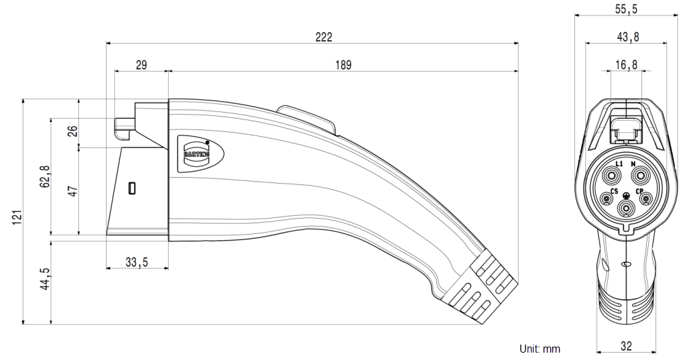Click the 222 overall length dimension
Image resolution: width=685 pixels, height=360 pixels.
(324, 38)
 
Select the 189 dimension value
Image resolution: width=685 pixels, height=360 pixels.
(343, 64)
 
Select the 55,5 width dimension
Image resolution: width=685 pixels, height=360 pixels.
(626, 11)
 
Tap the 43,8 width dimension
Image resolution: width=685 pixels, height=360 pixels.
(626, 38)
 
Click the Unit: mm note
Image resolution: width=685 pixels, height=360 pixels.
(540, 349)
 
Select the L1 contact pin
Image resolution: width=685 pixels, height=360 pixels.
(612, 177)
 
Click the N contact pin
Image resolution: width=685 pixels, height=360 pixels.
(640, 177)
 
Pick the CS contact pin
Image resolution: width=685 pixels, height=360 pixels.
(608, 198)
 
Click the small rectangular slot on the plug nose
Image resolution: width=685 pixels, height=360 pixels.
(132, 187)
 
